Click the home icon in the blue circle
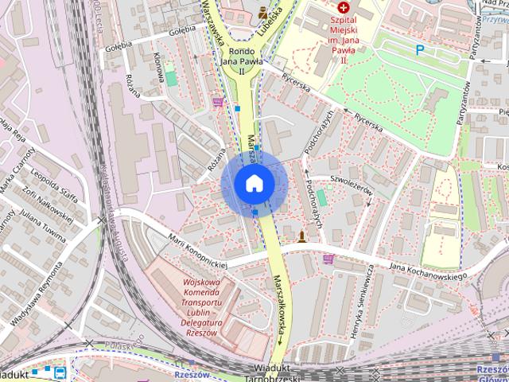tap(254, 183)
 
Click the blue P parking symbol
tap(420, 50)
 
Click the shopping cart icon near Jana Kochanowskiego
tap(329, 259)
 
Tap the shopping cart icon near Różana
tap(218, 103)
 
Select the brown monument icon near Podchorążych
tap(301, 237)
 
